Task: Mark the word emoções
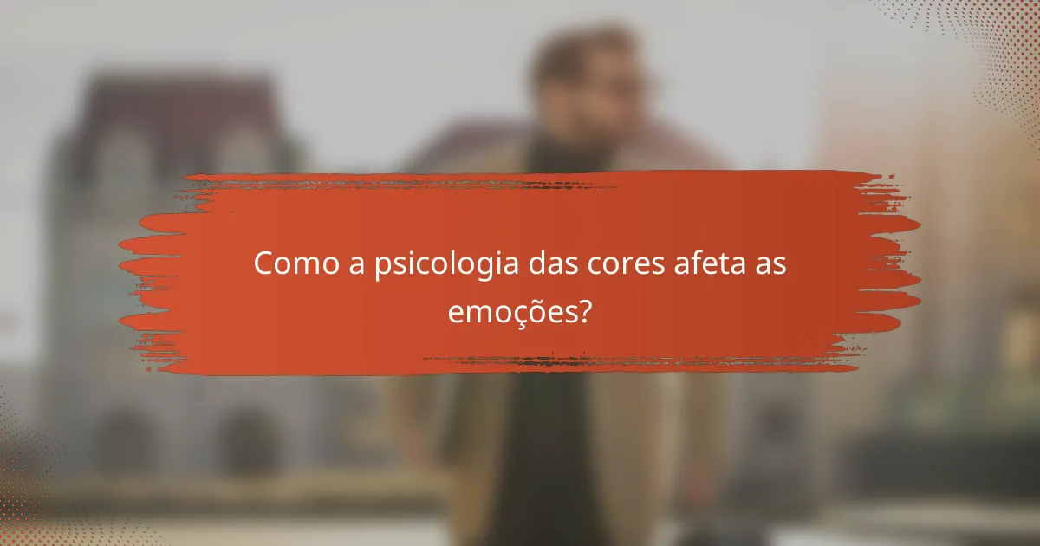coord(510,310)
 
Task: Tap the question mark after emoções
coord(584,309)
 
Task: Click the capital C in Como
coord(263,264)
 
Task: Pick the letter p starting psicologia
coord(383,269)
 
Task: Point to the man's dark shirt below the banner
coord(555,451)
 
